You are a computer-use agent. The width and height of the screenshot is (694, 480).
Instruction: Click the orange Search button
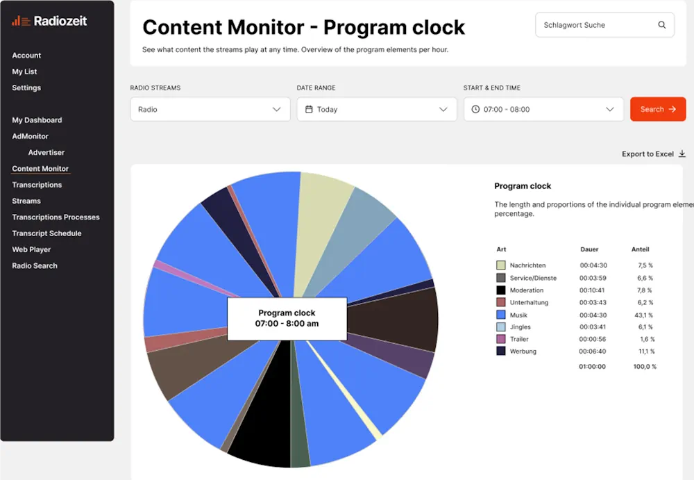point(657,109)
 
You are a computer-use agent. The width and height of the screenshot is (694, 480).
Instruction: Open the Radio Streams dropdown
point(210,109)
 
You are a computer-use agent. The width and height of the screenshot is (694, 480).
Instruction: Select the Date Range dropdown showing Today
point(376,109)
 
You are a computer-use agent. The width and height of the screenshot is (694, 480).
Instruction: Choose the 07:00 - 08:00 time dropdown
point(543,109)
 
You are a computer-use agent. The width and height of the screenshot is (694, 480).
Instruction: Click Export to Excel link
point(653,154)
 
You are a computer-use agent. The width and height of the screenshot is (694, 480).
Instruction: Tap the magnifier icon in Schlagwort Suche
point(661,25)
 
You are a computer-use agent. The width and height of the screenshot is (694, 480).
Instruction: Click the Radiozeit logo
point(49,21)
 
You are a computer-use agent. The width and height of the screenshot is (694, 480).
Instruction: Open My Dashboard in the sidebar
point(37,120)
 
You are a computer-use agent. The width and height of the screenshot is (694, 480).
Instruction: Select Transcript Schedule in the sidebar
point(46,233)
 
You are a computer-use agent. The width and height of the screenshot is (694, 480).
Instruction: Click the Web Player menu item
point(31,249)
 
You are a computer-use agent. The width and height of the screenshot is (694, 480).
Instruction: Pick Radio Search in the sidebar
point(35,265)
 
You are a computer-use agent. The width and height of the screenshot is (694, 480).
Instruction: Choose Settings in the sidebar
point(26,88)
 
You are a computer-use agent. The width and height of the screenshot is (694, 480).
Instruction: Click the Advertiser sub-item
point(46,152)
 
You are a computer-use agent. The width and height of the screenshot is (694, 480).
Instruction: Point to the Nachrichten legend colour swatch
point(501,265)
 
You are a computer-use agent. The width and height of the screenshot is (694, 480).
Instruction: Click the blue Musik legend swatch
point(501,315)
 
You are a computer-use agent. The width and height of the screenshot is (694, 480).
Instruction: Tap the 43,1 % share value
point(645,315)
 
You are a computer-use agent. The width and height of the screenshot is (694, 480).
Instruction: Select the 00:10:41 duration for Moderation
point(593,290)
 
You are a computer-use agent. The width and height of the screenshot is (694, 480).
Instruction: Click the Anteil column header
point(640,249)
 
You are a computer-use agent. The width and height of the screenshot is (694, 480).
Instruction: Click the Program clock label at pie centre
point(287,318)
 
